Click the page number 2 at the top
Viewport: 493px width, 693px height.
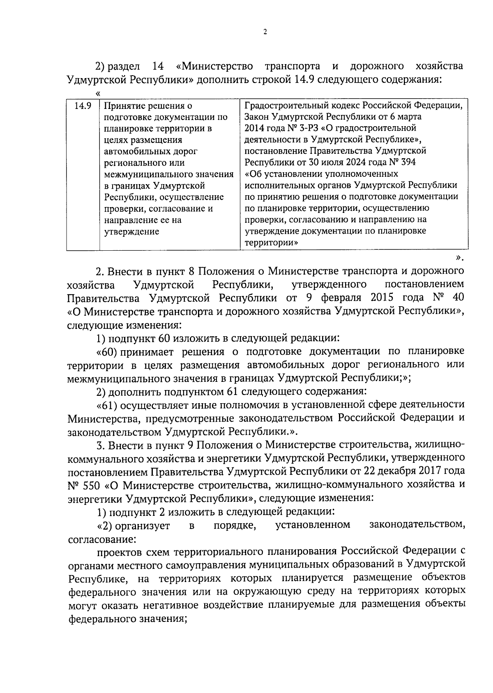[265, 32]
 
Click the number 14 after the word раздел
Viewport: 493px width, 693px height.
[158, 66]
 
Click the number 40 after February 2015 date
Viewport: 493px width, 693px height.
[458, 297]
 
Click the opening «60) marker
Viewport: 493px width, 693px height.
[107, 351]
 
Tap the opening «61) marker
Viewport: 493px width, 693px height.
[107, 405]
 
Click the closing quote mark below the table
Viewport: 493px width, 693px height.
[459, 258]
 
